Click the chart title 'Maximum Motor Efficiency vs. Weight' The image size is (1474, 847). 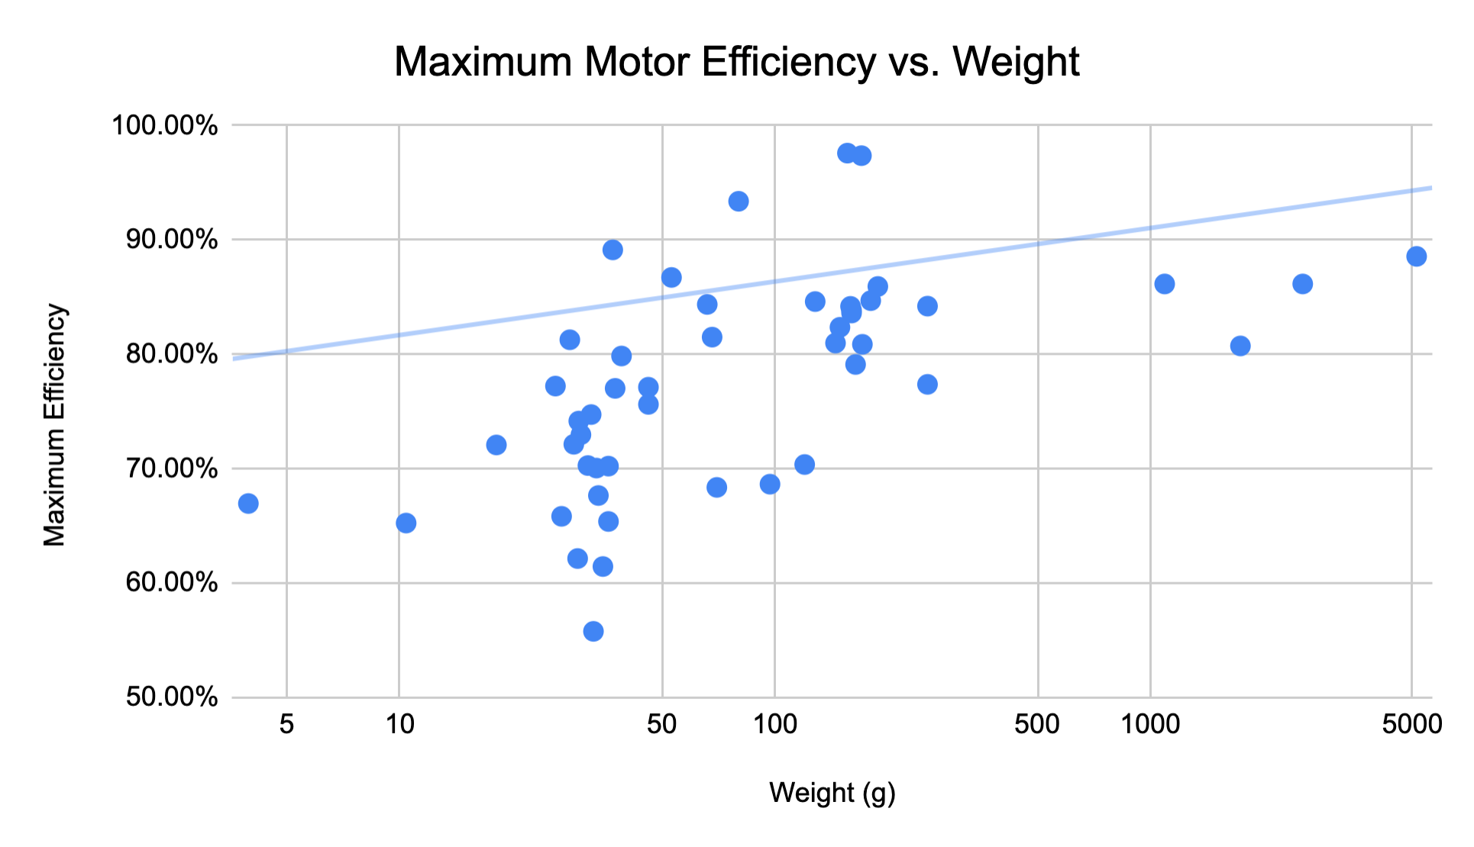pyautogui.click(x=736, y=62)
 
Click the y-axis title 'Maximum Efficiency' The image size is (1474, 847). pyautogui.click(x=54, y=425)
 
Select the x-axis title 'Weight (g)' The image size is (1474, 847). pyautogui.click(x=832, y=793)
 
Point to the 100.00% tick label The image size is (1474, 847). pyautogui.click(x=165, y=125)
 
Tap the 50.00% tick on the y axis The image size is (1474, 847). pyautogui.click(x=165, y=697)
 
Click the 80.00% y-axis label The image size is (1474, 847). pyautogui.click(x=165, y=354)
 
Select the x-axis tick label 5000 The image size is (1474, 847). pyautogui.click(x=1411, y=723)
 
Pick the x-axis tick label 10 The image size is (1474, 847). pyautogui.click(x=399, y=723)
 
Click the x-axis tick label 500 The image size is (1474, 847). pyautogui.click(x=1037, y=723)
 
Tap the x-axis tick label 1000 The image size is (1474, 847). pyautogui.click(x=1149, y=723)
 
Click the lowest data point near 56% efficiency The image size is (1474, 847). pyautogui.click(x=593, y=631)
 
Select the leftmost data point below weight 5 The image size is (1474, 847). pyautogui.click(x=248, y=504)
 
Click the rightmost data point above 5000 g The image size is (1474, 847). pyautogui.click(x=1416, y=256)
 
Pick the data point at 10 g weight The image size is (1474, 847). pyautogui.click(x=406, y=523)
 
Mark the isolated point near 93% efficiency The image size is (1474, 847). pyautogui.click(x=739, y=201)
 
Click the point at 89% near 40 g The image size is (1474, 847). pyautogui.click(x=613, y=250)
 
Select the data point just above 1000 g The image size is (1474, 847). pyautogui.click(x=1164, y=284)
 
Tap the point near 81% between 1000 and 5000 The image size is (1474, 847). pyautogui.click(x=1240, y=346)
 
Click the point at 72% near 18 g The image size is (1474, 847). pyautogui.click(x=496, y=445)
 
